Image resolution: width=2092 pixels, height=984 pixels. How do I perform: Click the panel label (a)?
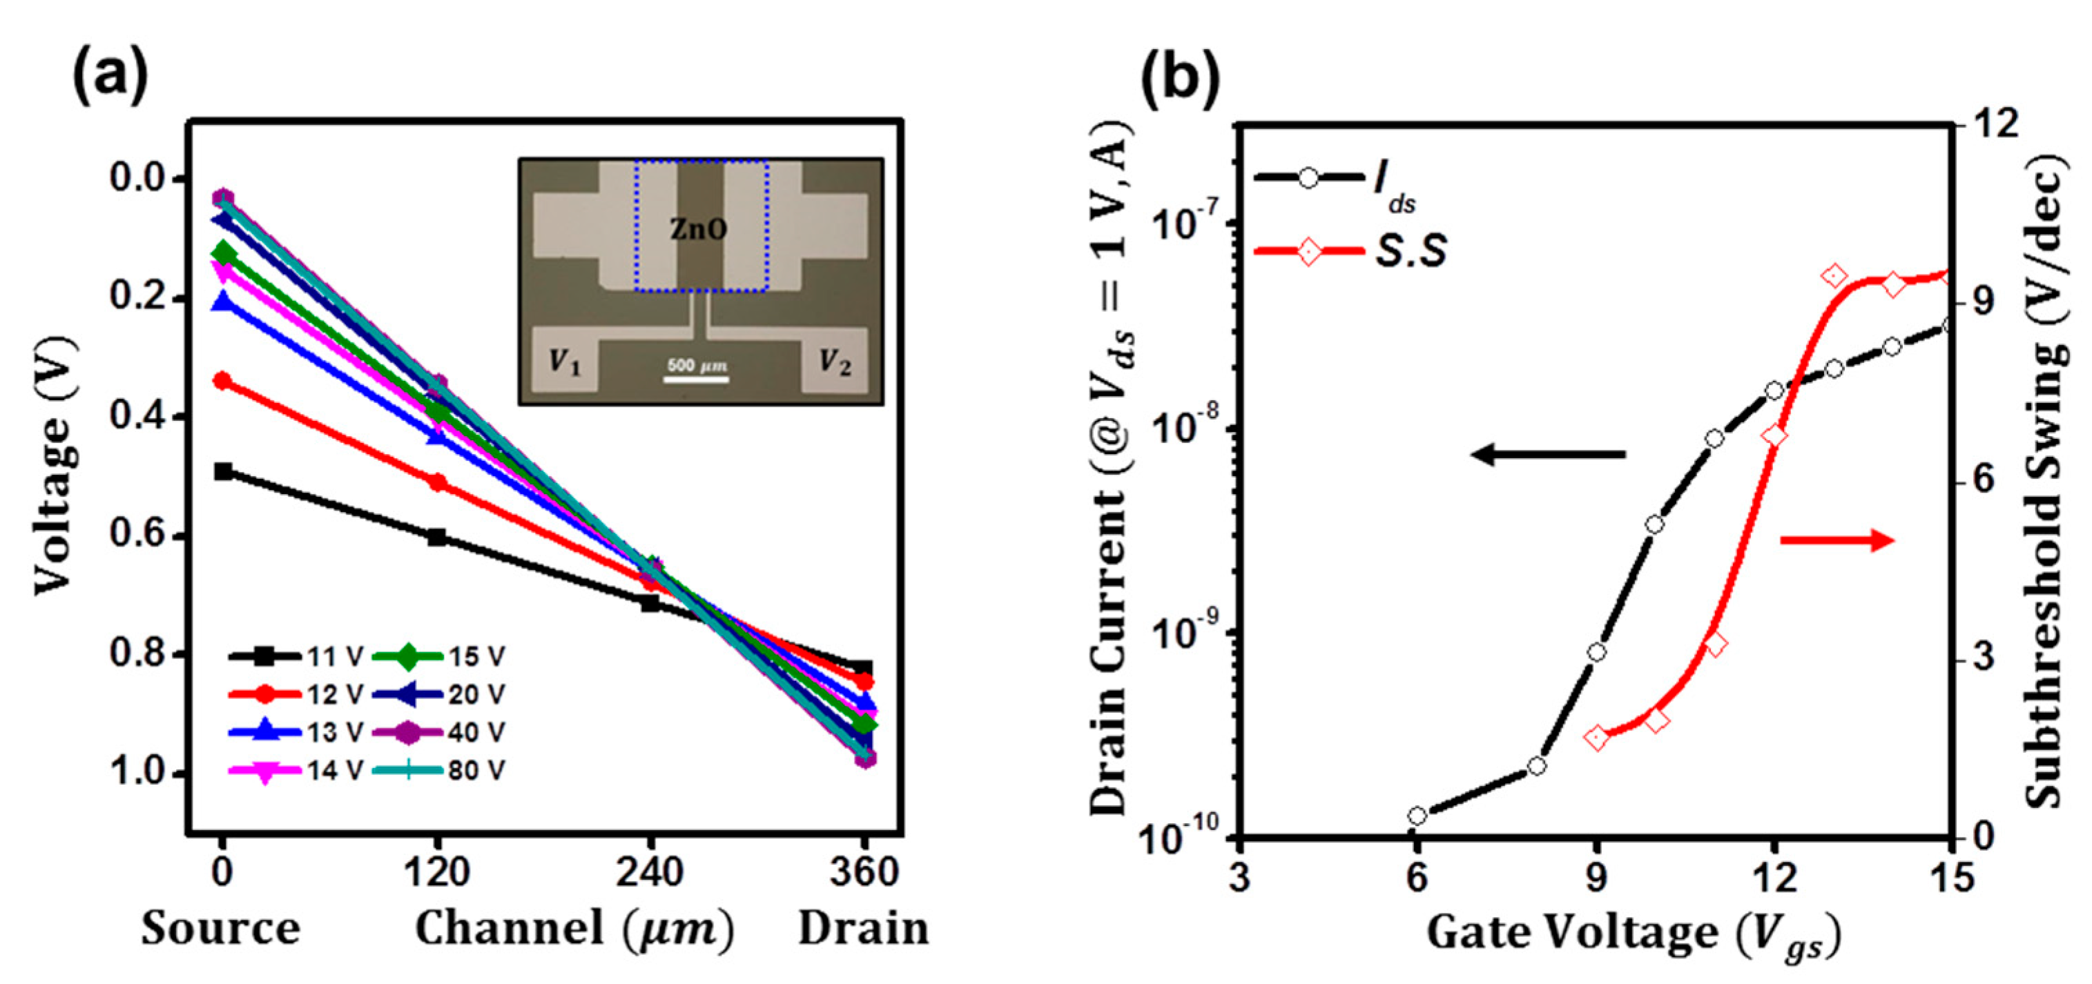110,75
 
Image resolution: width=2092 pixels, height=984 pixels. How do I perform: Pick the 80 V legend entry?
439,769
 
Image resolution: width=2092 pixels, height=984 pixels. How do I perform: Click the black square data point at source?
222,471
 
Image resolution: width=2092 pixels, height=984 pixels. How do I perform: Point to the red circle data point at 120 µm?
437,482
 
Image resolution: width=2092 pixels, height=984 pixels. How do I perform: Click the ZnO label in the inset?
697,230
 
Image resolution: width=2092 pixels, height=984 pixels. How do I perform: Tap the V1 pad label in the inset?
565,360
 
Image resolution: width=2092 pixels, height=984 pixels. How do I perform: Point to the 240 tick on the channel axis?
649,873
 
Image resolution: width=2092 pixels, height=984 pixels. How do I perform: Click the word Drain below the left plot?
863,928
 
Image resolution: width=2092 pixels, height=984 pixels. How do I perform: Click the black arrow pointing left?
1548,455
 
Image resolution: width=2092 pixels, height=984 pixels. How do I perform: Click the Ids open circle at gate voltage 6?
1417,815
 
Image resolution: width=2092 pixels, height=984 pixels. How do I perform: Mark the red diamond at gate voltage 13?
1834,277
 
